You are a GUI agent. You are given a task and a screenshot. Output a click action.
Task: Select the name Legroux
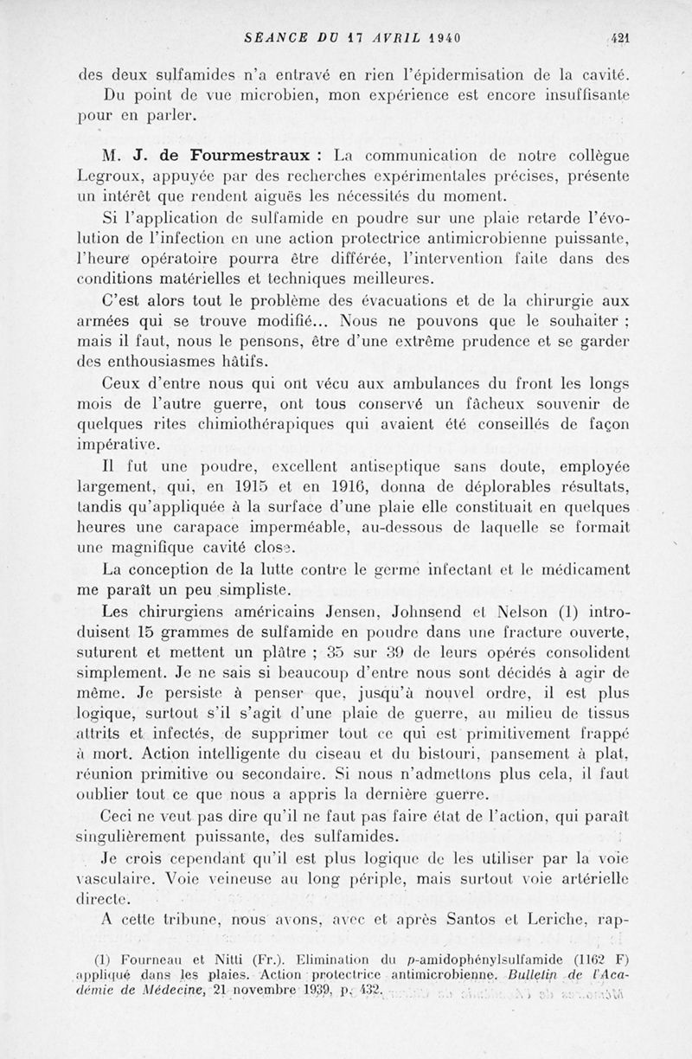110,177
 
